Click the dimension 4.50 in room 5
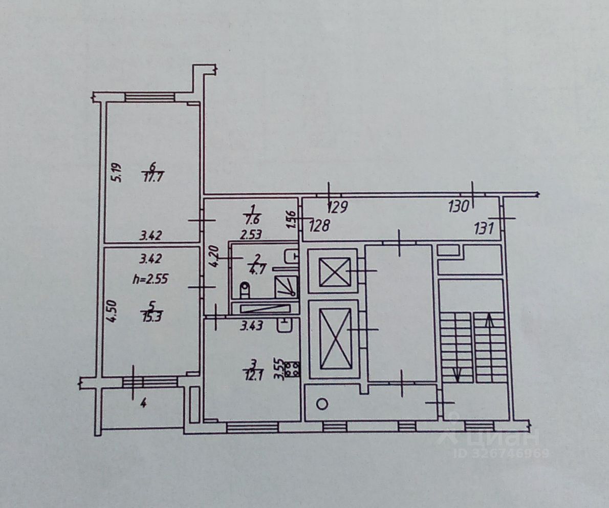115,311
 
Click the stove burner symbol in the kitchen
292,370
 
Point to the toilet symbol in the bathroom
245,290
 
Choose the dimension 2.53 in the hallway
251,236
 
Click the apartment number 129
337,207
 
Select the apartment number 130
459,207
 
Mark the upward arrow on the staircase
489,323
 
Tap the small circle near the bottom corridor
322,404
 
